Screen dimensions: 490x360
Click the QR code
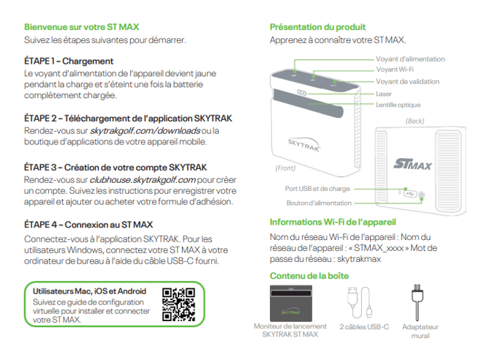[178, 304]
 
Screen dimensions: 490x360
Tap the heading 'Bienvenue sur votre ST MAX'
[82, 27]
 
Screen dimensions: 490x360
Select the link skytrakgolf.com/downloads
[145, 130]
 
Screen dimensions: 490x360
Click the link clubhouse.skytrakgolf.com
[143, 180]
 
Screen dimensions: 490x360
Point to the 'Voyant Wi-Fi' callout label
[395, 70]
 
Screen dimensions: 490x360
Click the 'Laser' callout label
[383, 94]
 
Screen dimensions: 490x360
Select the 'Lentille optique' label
[398, 105]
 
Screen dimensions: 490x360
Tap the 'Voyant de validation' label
[407, 82]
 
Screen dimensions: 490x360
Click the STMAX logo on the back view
[412, 164]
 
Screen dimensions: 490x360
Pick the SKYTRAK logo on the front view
[304, 145]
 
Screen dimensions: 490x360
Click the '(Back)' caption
[415, 121]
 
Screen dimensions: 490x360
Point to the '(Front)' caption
[285, 168]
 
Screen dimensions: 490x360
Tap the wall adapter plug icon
[417, 301]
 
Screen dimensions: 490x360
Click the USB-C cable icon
[360, 301]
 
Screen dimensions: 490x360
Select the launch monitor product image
[291, 303]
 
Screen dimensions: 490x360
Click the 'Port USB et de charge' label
[317, 189]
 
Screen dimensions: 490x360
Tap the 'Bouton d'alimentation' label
[319, 203]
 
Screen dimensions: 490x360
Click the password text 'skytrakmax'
[359, 259]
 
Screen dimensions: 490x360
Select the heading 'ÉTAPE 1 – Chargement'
[69, 61]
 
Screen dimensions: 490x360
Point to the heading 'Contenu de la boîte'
[309, 276]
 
